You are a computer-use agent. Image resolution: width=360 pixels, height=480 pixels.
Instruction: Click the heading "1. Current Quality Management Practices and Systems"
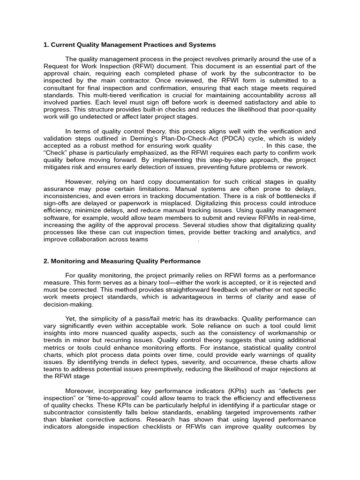(x=129, y=45)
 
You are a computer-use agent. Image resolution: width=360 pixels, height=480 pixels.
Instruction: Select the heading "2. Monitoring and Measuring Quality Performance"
(x=122, y=261)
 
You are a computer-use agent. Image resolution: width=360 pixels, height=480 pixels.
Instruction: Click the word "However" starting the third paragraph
(x=79, y=181)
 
